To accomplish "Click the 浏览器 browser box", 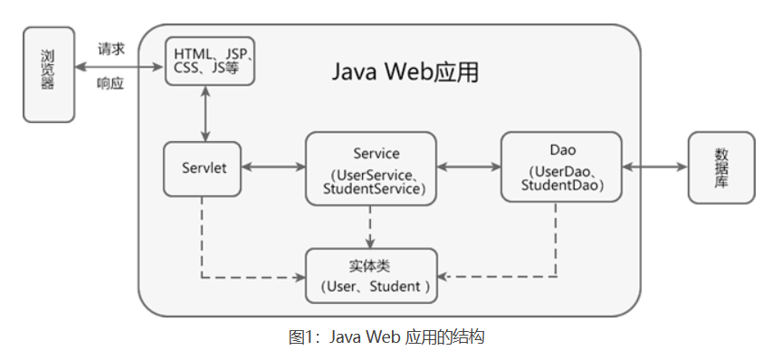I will pyautogui.click(x=48, y=75).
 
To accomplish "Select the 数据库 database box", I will pyautogui.click(x=720, y=167).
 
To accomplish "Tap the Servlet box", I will pyautogui.click(x=203, y=168).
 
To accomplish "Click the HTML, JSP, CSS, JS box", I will pyautogui.click(x=210, y=60).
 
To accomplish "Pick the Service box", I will pyautogui.click(x=371, y=168).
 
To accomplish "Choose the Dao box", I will pyautogui.click(x=561, y=167).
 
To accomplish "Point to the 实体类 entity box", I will pyautogui.click(x=371, y=276).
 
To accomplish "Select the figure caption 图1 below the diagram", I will pyautogui.click(x=386, y=337).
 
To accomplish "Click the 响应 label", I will pyautogui.click(x=110, y=84).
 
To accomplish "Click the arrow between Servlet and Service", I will pyautogui.click(x=273, y=167).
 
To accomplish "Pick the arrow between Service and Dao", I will pyautogui.click(x=469, y=167).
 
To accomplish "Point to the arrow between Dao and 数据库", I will pyautogui.click(x=654, y=167).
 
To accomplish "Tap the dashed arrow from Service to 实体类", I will pyautogui.click(x=370, y=226).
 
